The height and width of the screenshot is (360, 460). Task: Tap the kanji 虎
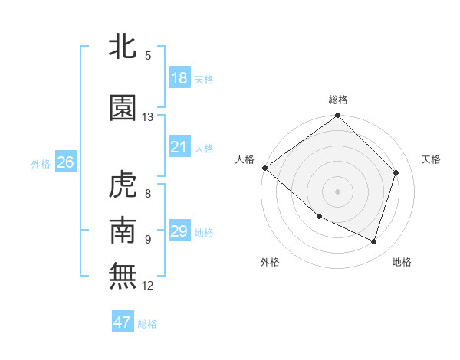pyautogui.click(x=123, y=185)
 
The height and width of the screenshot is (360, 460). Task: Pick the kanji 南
pyautogui.click(x=123, y=230)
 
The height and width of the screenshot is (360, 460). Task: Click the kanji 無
pyautogui.click(x=123, y=276)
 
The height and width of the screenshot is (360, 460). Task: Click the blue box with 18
pyautogui.click(x=179, y=78)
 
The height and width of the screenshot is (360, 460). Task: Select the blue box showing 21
pyautogui.click(x=179, y=147)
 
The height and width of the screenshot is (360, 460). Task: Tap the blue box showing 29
pyautogui.click(x=179, y=231)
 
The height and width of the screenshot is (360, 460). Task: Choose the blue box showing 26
pyautogui.click(x=65, y=162)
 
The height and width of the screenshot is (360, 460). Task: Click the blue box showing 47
pyautogui.click(x=123, y=322)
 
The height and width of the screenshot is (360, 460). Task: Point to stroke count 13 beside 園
pyautogui.click(x=147, y=117)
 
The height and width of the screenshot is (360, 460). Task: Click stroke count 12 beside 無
pyautogui.click(x=147, y=286)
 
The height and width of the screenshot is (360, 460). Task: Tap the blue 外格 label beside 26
pyautogui.click(x=41, y=163)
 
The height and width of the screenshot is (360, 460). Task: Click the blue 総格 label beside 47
pyautogui.click(x=147, y=323)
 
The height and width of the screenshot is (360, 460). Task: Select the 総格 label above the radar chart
pyautogui.click(x=338, y=100)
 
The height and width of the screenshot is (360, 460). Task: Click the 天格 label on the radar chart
pyautogui.click(x=431, y=159)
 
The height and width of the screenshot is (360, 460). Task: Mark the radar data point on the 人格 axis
pyautogui.click(x=264, y=168)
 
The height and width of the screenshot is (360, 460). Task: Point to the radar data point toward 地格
pyautogui.click(x=374, y=241)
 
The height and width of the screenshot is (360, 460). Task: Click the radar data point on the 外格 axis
pyautogui.click(x=319, y=217)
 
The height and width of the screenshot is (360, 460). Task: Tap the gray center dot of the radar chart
pyautogui.click(x=338, y=191)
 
